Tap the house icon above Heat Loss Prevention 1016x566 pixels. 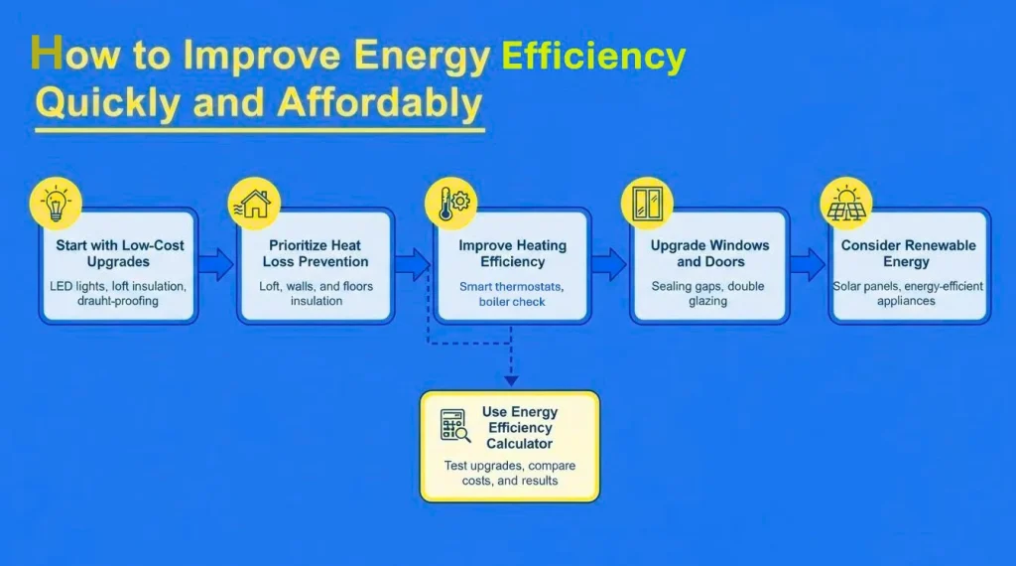click(x=254, y=204)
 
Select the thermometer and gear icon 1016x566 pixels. click(x=452, y=204)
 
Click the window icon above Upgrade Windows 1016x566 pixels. click(x=647, y=204)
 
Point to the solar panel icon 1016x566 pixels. click(x=846, y=205)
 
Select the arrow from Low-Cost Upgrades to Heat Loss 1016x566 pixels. click(x=215, y=263)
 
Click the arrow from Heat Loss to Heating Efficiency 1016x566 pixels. click(x=412, y=263)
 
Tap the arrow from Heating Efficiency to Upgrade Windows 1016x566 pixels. click(x=608, y=263)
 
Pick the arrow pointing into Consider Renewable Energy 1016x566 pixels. click(x=807, y=263)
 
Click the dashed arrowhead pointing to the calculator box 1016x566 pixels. click(x=510, y=378)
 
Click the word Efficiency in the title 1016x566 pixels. click(x=593, y=57)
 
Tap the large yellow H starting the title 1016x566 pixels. click(x=45, y=54)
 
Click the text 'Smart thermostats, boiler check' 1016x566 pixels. click(x=512, y=294)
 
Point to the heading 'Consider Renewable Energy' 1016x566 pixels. click(x=908, y=253)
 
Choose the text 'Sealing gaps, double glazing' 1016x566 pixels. click(x=709, y=293)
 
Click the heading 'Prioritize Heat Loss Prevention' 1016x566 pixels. click(x=316, y=253)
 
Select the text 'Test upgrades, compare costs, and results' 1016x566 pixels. click(x=509, y=473)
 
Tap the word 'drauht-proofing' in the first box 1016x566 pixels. click(x=117, y=301)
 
